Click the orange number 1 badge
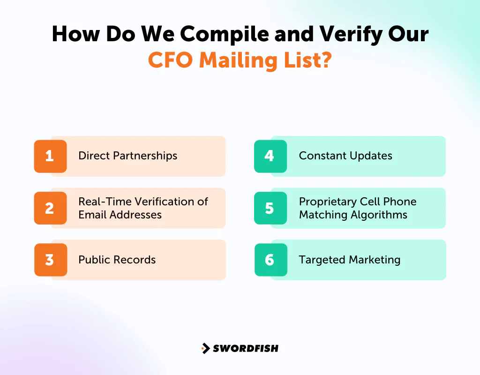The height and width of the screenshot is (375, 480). point(50,156)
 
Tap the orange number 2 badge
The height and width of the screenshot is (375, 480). point(50,208)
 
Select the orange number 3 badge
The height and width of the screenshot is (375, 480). point(50,260)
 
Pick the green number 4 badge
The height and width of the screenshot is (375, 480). point(270,156)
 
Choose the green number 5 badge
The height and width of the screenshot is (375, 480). point(270,208)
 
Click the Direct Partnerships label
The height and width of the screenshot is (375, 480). point(127,156)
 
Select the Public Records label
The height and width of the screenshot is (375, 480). point(117,260)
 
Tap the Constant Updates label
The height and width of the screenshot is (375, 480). point(345,156)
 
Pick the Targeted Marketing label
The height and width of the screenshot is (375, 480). point(349,260)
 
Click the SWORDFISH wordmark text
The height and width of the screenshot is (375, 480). point(246,348)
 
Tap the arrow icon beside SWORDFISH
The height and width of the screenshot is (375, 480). point(205,348)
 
